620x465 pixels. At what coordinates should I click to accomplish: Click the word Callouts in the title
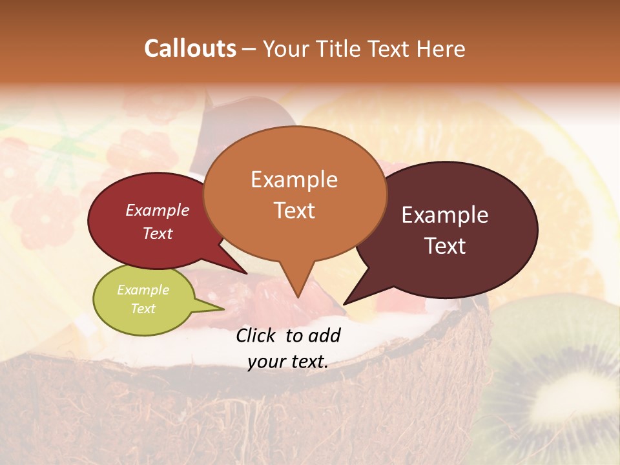point(190,48)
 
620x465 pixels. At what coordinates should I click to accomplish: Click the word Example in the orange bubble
point(294,180)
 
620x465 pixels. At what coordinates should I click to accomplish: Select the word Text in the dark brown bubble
point(446,245)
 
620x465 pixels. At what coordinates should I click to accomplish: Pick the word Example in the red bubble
point(158,210)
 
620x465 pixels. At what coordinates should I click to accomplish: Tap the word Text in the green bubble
point(143,309)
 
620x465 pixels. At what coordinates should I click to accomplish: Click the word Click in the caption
point(257,335)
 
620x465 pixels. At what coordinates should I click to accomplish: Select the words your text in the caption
point(288,362)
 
